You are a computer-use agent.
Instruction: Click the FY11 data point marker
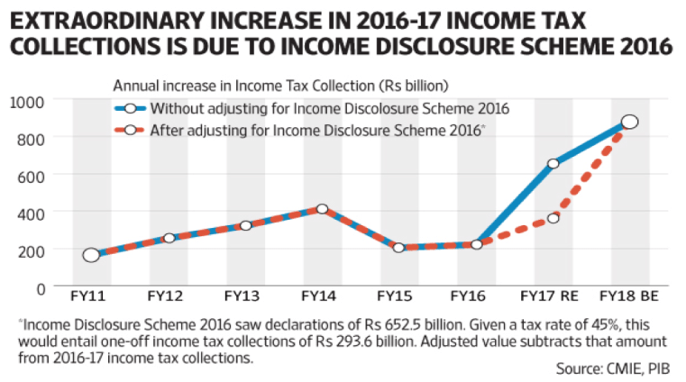point(91,255)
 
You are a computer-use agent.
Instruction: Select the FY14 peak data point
point(322,209)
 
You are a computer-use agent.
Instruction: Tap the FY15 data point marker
point(399,247)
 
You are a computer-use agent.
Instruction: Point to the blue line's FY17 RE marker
point(553,163)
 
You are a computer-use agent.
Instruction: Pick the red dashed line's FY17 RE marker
point(553,218)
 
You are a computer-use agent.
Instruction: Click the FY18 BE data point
point(630,122)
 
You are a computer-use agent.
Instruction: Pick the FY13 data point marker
point(245,225)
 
